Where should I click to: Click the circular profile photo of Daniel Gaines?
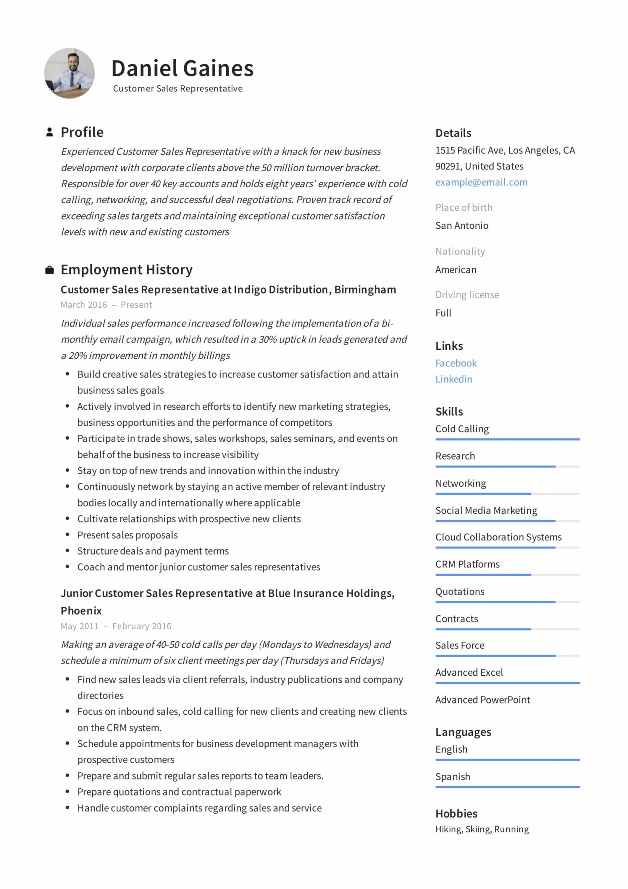(69, 73)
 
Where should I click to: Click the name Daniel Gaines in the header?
(182, 68)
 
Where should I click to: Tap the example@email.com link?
(481, 182)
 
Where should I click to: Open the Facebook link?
(456, 363)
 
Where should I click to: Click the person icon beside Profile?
(50, 132)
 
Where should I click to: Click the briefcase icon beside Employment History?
(50, 270)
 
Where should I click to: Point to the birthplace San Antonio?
(461, 225)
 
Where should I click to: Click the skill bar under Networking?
(507, 494)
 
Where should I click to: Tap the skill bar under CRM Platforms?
(507, 575)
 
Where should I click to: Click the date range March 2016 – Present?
(107, 305)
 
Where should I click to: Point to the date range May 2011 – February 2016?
(116, 626)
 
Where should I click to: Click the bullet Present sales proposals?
(127, 535)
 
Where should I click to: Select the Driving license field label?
(467, 295)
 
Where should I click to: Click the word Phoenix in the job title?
(81, 610)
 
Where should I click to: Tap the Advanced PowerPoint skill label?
(483, 700)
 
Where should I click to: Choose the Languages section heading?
(463, 732)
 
